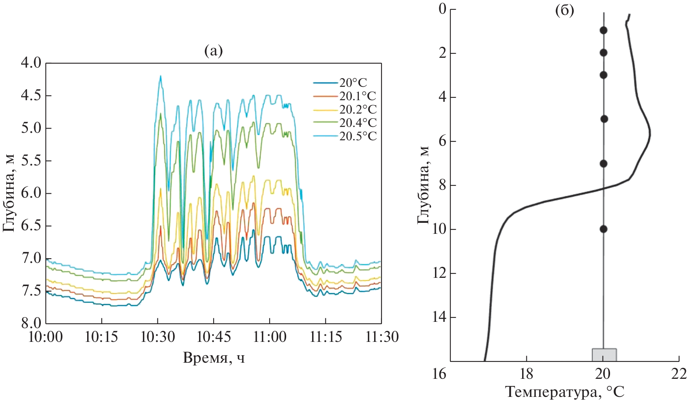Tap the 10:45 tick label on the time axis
[214, 337]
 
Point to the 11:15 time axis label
[325, 337]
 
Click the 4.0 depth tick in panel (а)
[31, 63]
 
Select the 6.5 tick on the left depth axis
[31, 226]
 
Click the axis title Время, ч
[214, 358]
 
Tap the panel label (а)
[214, 51]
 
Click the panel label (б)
[565, 11]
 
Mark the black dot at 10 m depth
[603, 229]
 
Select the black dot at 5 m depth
[604, 119]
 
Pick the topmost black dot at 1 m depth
[603, 30]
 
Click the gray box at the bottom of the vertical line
[604, 354]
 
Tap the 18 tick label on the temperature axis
[526, 374]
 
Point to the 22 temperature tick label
[679, 374]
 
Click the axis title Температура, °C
[565, 392]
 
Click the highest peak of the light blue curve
[160, 76]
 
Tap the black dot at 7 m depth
[603, 163]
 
